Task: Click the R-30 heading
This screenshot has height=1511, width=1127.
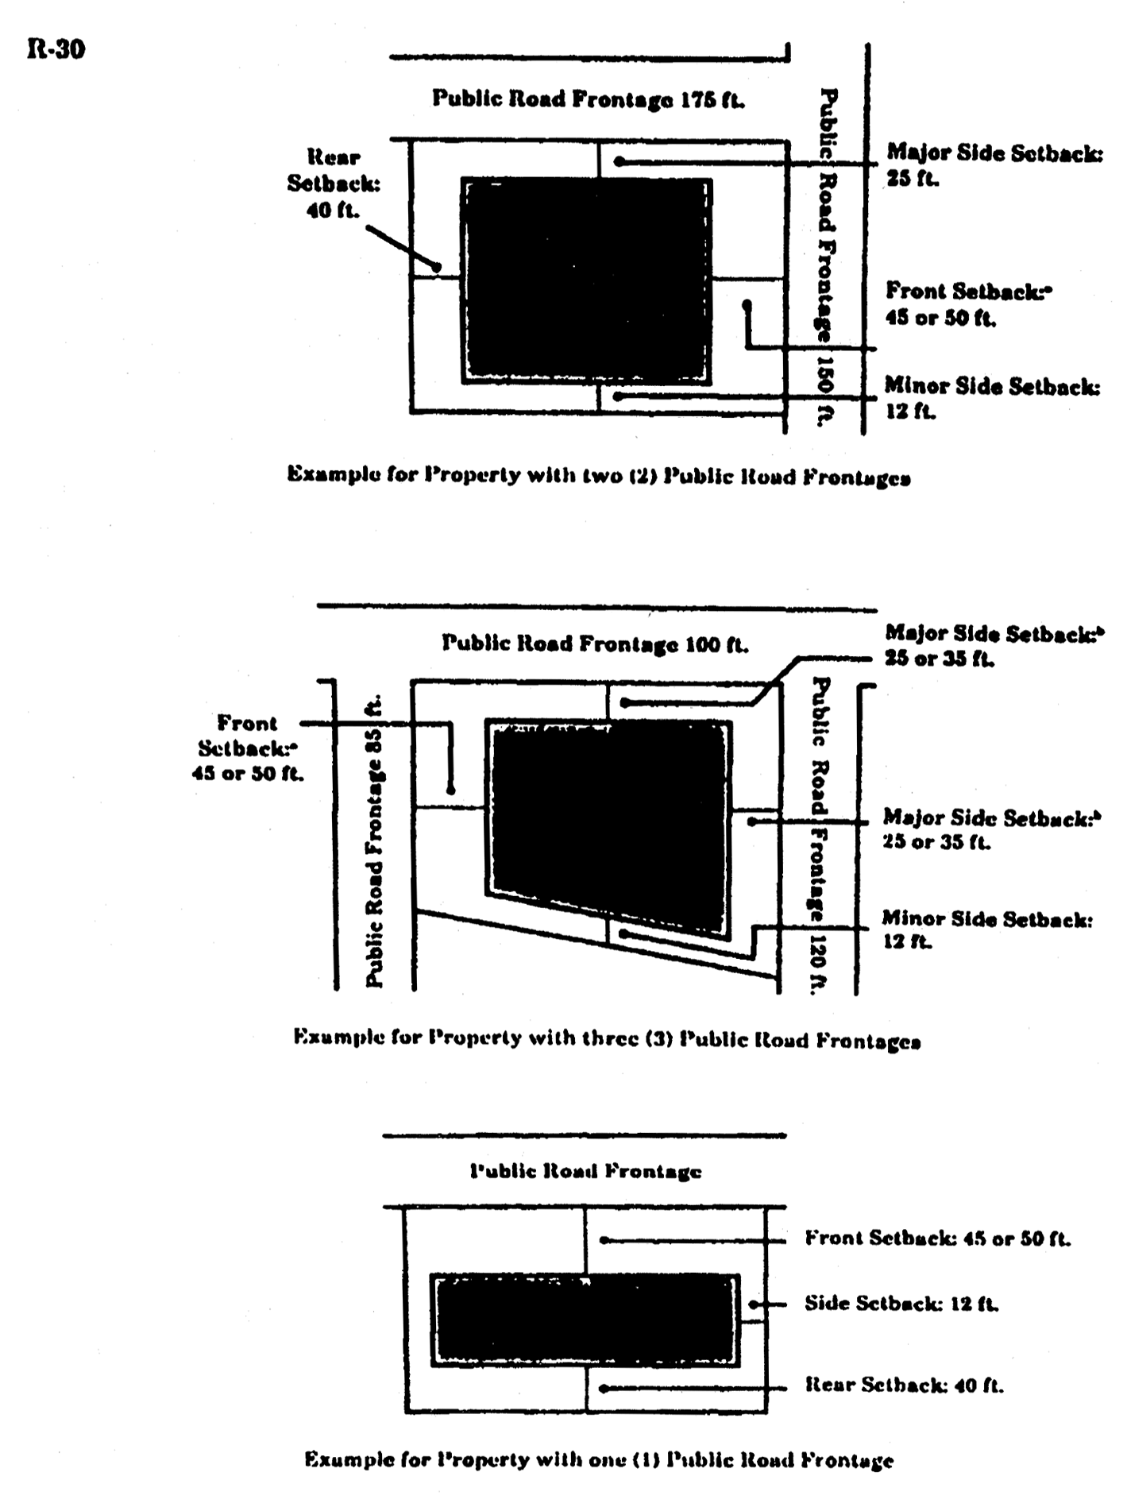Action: pos(56,50)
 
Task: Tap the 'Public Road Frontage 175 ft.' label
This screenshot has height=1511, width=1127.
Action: pos(589,99)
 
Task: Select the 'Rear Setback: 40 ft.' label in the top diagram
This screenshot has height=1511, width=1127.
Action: pos(334,184)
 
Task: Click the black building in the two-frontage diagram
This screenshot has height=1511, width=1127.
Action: pos(587,280)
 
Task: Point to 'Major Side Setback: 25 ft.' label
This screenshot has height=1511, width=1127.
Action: pos(994,165)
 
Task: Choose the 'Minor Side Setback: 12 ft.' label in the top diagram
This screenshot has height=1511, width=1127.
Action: pos(992,399)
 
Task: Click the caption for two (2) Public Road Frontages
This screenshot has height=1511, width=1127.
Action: pos(599,476)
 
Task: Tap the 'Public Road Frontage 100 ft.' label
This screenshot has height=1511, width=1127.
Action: pos(595,643)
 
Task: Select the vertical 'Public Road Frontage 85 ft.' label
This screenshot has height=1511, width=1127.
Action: pos(374,841)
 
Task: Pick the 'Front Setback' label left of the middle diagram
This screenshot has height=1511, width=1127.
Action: pos(248,748)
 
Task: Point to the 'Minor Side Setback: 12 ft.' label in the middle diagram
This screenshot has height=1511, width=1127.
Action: pos(987,930)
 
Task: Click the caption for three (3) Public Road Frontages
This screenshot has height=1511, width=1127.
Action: pos(607,1038)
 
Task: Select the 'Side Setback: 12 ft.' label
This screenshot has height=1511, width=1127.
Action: pos(901,1304)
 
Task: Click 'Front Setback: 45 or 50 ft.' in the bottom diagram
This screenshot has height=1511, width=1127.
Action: pos(938,1238)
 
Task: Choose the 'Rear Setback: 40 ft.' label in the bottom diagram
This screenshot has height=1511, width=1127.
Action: pos(905,1385)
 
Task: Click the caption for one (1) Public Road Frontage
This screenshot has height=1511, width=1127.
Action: pos(599,1460)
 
